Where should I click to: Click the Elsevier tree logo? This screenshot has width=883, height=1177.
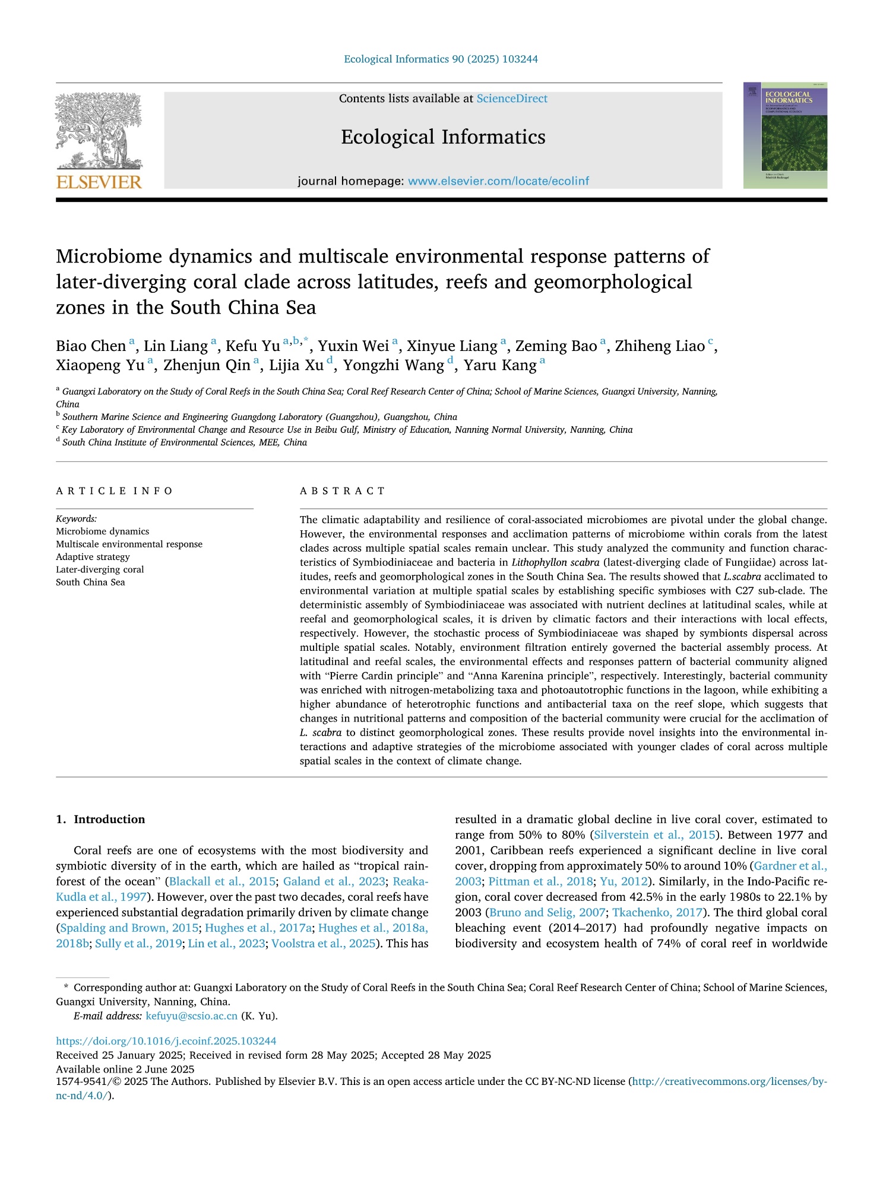99,131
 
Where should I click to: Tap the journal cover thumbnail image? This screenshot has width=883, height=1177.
784,135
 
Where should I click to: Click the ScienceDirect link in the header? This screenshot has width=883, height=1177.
512,99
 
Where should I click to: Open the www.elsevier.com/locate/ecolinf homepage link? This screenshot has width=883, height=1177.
498,181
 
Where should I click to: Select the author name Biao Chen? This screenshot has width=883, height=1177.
91,346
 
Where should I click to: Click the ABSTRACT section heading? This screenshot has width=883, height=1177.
343,491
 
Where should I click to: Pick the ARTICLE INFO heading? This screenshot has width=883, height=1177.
114,491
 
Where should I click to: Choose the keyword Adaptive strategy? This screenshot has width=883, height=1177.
93,557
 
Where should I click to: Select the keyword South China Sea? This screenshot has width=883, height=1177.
90,582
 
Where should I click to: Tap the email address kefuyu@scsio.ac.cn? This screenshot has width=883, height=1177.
191,1015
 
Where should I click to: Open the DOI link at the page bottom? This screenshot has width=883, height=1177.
166,1040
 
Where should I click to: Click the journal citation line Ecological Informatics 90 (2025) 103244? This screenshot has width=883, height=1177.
441,59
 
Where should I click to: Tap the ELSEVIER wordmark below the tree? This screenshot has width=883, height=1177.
99,182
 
